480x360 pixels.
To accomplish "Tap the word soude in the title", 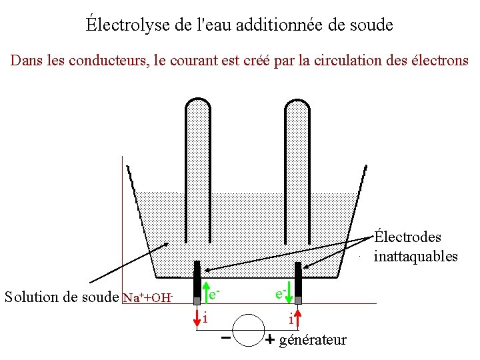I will pyautogui.click(x=369, y=25).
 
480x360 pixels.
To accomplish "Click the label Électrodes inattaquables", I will pyautogui.click(x=415, y=247).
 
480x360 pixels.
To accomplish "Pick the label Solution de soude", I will pyautogui.click(x=62, y=297).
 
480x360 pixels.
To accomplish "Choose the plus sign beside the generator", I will pyautogui.click(x=270, y=339).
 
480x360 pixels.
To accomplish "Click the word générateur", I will pyautogui.click(x=313, y=340).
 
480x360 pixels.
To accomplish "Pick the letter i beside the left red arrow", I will pyautogui.click(x=206, y=317).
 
